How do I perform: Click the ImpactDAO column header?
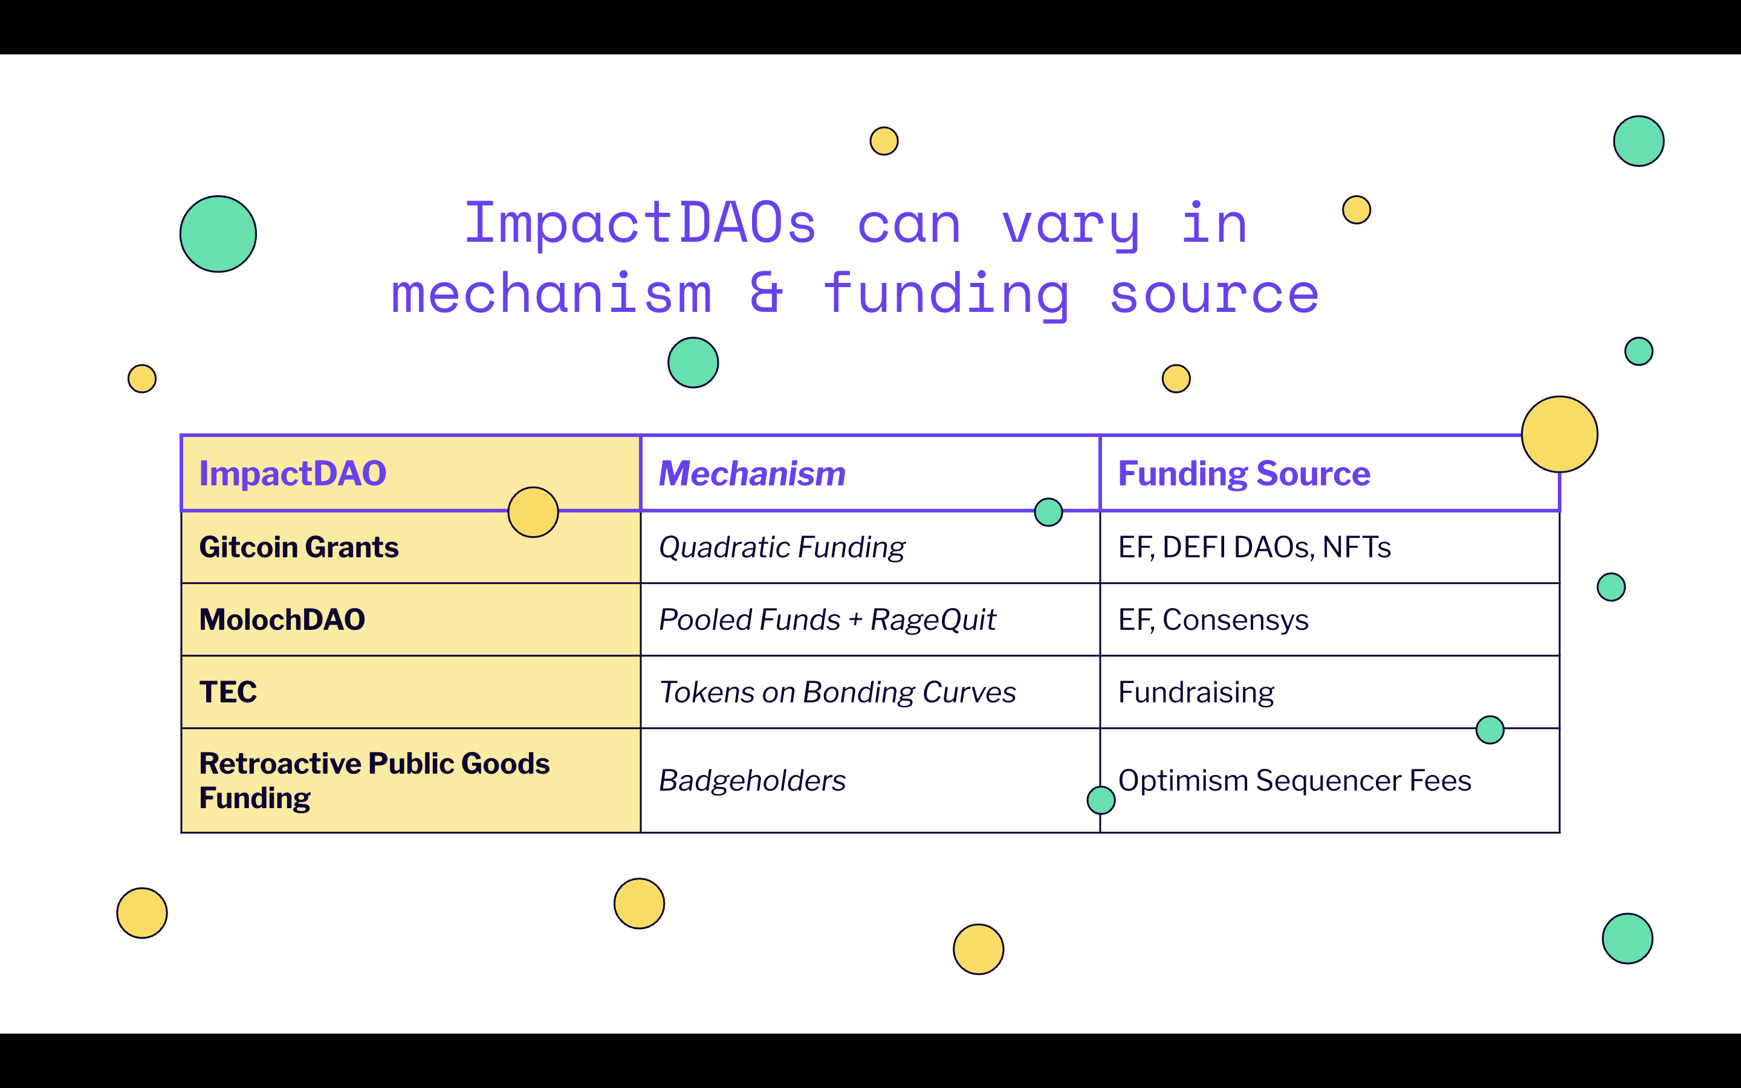tap(293, 473)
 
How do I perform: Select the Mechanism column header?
tap(752, 473)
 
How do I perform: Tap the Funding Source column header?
tap(1244, 473)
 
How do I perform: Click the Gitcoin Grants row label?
tap(299, 548)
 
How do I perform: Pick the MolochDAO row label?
tap(282, 620)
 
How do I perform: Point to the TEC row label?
tap(228, 692)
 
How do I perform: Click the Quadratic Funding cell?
tap(782, 548)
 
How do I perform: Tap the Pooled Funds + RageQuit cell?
tap(828, 620)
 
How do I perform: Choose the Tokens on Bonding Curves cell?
tap(837, 692)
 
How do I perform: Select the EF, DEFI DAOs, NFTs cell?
tap(1254, 548)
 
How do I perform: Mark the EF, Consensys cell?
tap(1213, 620)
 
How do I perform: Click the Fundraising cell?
tap(1196, 692)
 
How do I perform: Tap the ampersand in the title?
tap(766, 294)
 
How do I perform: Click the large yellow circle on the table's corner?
tap(1559, 434)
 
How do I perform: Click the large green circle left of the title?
tap(218, 234)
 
